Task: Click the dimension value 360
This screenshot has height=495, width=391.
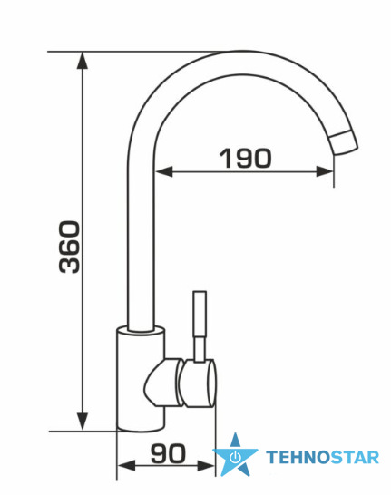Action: (x=70, y=247)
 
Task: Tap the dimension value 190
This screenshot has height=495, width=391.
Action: (x=246, y=158)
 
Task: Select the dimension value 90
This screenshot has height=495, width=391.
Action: (x=168, y=453)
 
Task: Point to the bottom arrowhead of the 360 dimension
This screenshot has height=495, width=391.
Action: (x=83, y=421)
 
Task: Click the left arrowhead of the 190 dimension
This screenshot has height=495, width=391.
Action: (x=163, y=171)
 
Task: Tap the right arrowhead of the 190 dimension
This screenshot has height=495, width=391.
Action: (x=325, y=171)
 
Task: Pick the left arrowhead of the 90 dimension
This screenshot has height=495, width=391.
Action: (x=126, y=465)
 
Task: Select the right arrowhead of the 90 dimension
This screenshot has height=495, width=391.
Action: (x=206, y=465)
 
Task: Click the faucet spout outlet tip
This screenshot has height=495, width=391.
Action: (x=344, y=143)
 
